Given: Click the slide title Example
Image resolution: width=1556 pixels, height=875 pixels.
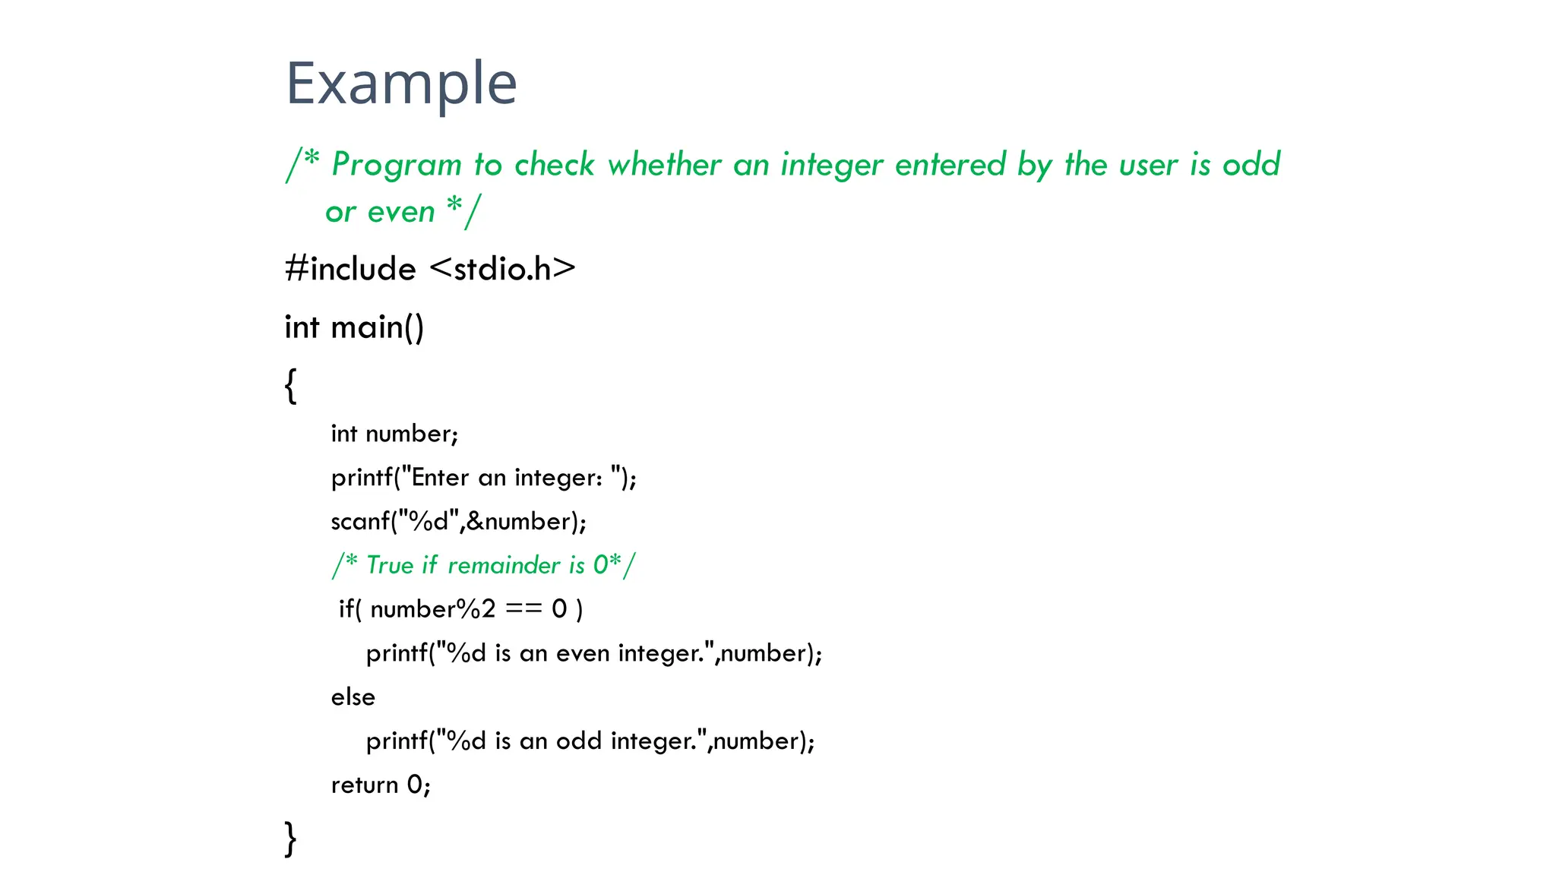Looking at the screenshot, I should click(x=401, y=84).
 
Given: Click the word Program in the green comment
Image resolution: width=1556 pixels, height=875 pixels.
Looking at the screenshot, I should click(x=397, y=165).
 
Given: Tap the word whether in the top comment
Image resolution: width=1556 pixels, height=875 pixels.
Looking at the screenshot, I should click(x=664, y=165).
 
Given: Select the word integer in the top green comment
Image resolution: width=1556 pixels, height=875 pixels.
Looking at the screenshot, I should click(x=832, y=165).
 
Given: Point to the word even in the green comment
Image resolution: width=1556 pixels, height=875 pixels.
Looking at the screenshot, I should click(x=401, y=212).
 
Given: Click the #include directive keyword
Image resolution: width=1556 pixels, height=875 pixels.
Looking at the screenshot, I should click(x=350, y=269).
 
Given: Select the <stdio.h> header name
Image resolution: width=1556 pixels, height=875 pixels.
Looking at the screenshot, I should click(x=502, y=269).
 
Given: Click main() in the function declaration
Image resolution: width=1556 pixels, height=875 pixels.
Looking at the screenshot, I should click(x=377, y=327).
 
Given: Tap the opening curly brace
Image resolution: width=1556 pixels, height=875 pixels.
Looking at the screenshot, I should click(x=290, y=385).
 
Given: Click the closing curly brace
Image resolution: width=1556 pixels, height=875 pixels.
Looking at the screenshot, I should click(x=290, y=839).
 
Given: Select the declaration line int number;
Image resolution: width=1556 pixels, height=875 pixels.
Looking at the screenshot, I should click(x=394, y=434).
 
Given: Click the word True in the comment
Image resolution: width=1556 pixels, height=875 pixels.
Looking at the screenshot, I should click(x=390, y=565).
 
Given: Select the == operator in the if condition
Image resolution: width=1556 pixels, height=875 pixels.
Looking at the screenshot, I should click(x=523, y=609).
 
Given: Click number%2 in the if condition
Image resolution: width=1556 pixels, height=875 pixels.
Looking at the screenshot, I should click(x=432, y=609).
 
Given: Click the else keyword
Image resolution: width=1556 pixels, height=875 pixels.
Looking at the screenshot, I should click(x=353, y=697).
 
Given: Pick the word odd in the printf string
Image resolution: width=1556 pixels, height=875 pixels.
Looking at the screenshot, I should click(x=579, y=741).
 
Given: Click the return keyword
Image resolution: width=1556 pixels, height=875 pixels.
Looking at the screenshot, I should click(x=365, y=785).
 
